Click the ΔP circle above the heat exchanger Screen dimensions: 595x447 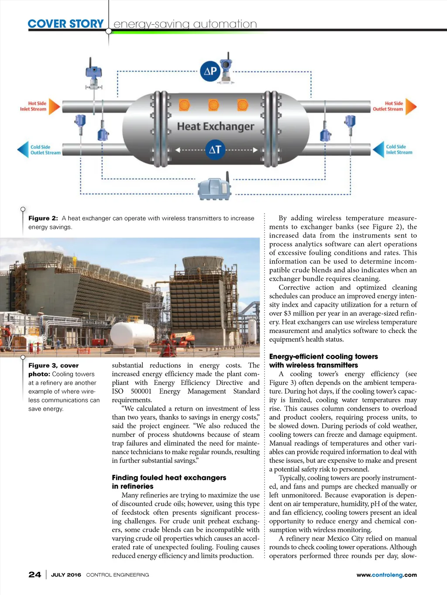[x=210, y=71]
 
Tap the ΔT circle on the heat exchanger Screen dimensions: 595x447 [x=215, y=150]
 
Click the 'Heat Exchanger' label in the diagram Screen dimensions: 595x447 [x=215, y=126]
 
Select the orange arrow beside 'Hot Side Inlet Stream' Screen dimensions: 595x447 [x=54, y=106]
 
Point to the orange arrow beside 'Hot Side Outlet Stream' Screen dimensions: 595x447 [x=411, y=106]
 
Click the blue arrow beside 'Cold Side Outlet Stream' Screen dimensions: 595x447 [x=23, y=150]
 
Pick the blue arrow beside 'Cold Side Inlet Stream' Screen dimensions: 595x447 [x=378, y=150]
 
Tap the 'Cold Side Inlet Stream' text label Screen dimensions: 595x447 [x=399, y=150]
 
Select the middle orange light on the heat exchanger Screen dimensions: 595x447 [x=213, y=105]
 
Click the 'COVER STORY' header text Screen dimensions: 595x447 [x=65, y=24]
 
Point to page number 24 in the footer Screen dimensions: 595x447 [x=35, y=575]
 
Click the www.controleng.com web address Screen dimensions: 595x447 [x=386, y=575]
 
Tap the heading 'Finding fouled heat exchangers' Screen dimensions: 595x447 [x=169, y=478]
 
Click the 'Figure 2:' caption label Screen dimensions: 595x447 [x=43, y=218]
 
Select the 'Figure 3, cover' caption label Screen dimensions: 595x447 [x=54, y=366]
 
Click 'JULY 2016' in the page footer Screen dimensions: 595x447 [x=66, y=575]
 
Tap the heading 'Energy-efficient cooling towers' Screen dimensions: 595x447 [x=323, y=357]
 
